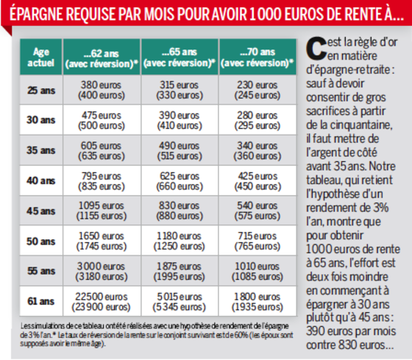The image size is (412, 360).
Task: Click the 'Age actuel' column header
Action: [41, 57]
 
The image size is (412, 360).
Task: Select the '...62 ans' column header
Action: [102, 57]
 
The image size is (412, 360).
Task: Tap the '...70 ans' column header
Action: [257, 57]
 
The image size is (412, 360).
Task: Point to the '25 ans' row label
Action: [41, 91]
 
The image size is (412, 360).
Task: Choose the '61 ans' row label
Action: [41, 301]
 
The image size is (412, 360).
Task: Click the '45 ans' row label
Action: [41, 211]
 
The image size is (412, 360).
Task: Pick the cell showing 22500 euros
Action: [102, 301]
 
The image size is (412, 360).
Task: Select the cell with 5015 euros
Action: [180, 301]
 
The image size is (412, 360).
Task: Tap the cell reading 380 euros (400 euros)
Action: [102, 91]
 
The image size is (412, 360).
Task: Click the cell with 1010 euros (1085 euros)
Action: [257, 271]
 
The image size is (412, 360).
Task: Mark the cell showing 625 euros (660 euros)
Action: [180, 180]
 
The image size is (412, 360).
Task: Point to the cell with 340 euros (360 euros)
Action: [257, 150]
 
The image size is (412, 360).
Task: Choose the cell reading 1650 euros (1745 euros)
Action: [102, 241]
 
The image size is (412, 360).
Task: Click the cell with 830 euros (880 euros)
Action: [180, 211]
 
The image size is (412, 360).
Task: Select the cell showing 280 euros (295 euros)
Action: [257, 120]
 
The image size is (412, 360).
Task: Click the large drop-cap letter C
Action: [316, 49]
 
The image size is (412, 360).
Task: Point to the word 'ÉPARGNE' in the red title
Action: [36, 13]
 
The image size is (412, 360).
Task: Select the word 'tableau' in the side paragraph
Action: [324, 180]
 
